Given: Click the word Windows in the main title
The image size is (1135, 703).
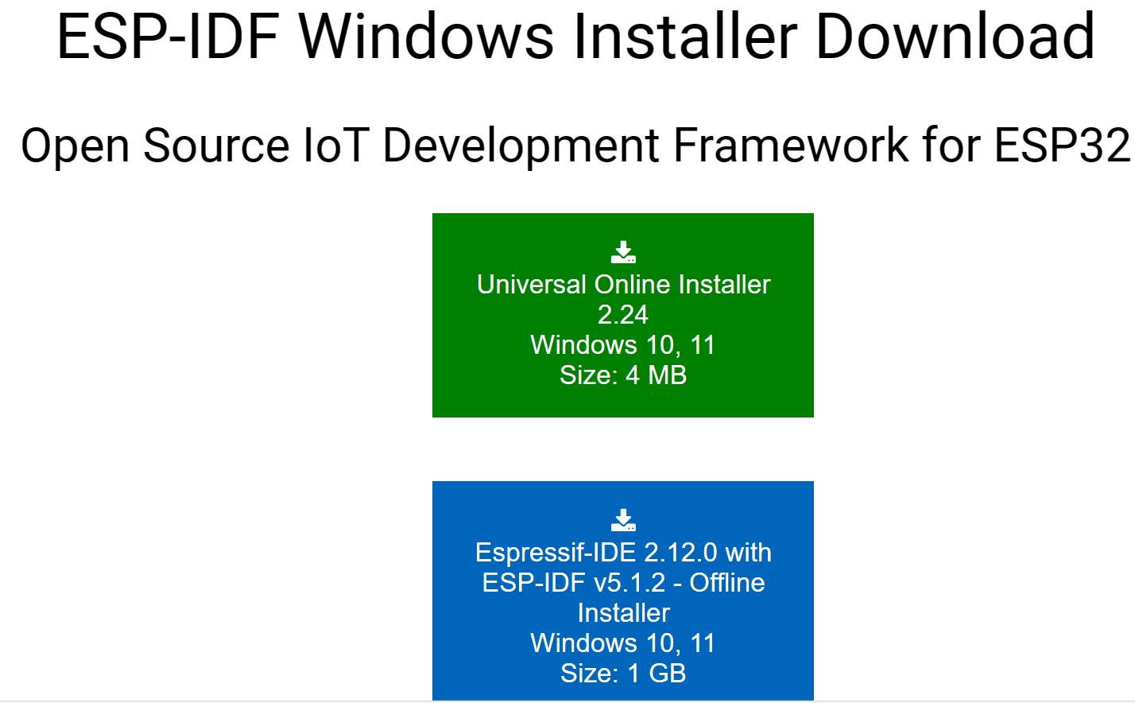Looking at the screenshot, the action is pos(426,36).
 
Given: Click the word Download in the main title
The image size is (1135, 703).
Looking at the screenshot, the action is pos(955,36).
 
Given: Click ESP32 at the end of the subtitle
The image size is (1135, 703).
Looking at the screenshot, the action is pos(1062,146).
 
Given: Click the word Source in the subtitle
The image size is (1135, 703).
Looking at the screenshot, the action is pos(216,146).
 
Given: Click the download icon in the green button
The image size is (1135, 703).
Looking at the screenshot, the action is pos(623,252).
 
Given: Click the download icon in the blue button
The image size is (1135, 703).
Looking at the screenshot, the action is pos(623,520).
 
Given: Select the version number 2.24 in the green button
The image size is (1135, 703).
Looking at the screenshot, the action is pos(622,315).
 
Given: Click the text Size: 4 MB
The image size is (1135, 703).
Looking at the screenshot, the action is pos(622,375).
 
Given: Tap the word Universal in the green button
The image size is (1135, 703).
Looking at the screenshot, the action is pos(532,285).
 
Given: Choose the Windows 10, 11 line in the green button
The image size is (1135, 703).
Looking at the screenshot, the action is pos(622,346).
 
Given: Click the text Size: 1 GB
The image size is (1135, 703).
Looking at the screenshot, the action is pos(622,674).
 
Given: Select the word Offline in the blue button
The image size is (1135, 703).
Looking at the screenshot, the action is pos(727,583).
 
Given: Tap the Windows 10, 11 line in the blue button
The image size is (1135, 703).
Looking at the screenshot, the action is pos(622,643).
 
